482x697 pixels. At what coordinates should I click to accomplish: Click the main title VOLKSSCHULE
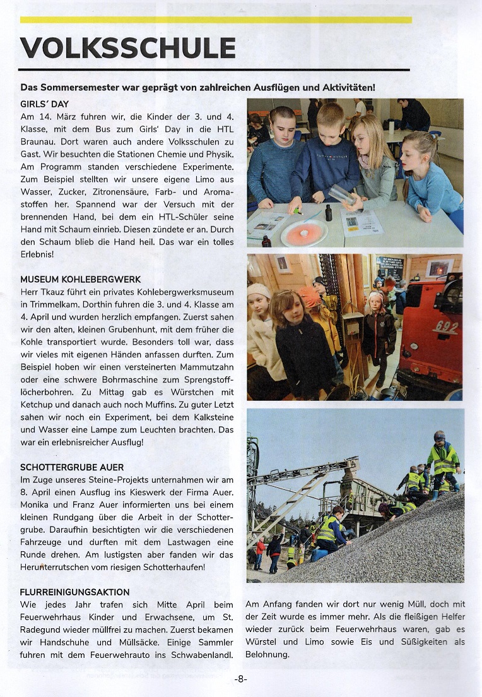point(128,48)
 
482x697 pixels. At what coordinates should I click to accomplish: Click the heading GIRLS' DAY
point(45,104)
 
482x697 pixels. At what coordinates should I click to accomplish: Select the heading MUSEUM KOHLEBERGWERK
point(80,279)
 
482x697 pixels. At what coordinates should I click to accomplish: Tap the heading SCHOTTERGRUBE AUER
point(73,468)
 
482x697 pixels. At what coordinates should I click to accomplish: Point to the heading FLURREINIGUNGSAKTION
point(75,592)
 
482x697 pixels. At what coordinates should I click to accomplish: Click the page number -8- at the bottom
point(240,679)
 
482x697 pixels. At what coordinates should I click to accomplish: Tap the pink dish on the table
point(304,232)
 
